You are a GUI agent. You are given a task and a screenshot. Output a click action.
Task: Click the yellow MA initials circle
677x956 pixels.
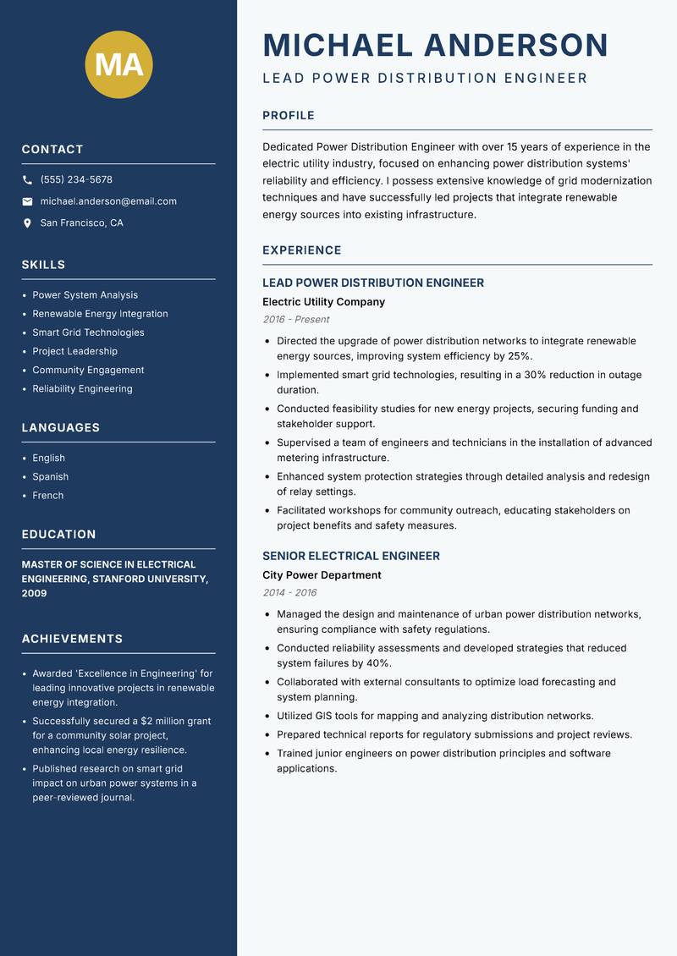(118, 65)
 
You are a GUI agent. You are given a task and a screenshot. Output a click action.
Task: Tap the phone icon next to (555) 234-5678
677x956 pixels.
(27, 180)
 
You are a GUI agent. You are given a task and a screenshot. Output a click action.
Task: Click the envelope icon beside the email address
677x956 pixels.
(27, 201)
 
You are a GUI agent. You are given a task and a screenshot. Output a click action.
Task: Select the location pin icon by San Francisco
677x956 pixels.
(27, 223)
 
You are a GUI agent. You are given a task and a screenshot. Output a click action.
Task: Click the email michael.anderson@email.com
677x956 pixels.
(108, 201)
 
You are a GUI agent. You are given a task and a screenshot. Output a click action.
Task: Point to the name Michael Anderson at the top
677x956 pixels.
(435, 45)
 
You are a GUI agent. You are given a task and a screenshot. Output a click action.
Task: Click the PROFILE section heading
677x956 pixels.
(288, 116)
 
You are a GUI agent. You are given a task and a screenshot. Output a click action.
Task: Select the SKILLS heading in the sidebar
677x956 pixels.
(43, 265)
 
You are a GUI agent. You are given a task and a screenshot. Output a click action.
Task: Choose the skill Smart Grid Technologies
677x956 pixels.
(88, 332)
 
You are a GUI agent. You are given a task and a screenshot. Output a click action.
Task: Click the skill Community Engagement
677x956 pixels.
(88, 370)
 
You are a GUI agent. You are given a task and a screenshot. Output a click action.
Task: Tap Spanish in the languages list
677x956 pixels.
(50, 476)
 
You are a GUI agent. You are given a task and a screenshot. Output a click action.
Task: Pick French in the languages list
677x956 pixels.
(47, 495)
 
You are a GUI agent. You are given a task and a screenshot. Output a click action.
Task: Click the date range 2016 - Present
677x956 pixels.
(295, 320)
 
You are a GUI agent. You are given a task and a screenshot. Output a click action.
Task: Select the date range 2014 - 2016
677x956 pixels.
(289, 593)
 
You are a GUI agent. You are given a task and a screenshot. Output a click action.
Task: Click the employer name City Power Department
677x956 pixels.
(322, 575)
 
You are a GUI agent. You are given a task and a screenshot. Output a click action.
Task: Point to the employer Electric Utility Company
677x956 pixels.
(323, 302)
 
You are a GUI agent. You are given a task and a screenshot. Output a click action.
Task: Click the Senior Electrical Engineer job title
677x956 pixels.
(350, 556)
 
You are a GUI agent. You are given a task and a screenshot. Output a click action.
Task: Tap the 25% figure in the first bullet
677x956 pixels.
(520, 356)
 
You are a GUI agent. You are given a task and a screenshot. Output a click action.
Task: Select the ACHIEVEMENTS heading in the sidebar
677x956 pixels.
(72, 639)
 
